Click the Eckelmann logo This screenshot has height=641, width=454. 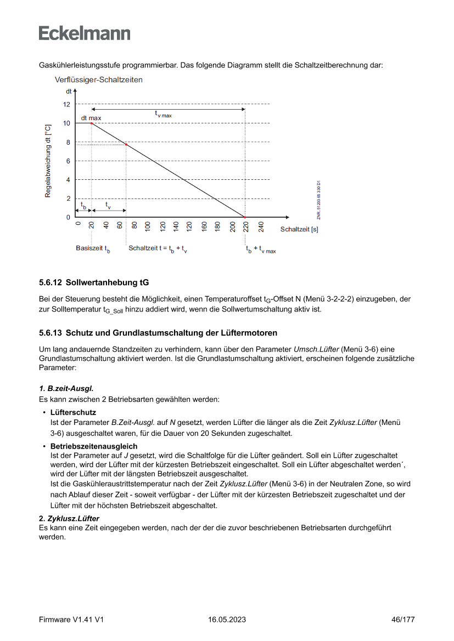click(85, 33)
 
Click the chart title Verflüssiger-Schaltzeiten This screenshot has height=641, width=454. click(99, 80)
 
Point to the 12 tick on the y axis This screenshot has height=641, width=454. click(66, 104)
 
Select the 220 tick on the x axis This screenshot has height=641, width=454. click(246, 226)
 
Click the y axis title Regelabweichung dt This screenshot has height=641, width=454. click(48, 161)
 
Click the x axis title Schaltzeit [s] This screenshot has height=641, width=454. click(299, 229)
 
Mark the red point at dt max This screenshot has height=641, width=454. click(92, 123)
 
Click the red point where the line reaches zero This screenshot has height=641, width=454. click(245, 217)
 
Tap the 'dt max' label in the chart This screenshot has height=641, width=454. click(91, 118)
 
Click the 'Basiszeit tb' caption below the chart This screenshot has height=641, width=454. click(93, 249)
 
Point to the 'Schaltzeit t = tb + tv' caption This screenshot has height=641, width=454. click(158, 249)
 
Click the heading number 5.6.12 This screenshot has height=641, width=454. click(51, 283)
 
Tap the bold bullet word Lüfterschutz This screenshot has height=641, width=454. click(73, 412)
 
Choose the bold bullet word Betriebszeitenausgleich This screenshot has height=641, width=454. click(94, 446)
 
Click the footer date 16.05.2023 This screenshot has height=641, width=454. click(227, 620)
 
